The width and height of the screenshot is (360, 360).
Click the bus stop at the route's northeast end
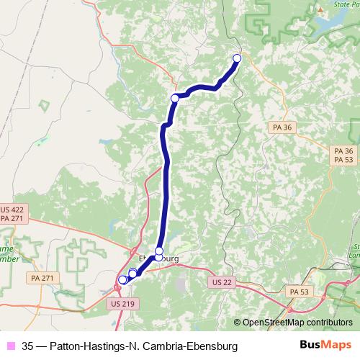pyautogui.click(x=237, y=58)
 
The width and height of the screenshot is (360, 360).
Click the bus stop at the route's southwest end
pyautogui.click(x=122, y=280)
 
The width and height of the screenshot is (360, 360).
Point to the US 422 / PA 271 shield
pyautogui.click(x=12, y=213)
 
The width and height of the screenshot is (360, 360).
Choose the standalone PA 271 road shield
pyautogui.click(x=40, y=276)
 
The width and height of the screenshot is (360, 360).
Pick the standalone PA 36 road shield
pyautogui.click(x=282, y=127)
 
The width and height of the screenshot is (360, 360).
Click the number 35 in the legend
pyautogui.click(x=28, y=346)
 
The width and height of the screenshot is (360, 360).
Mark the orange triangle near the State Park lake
pyautogui.click(x=318, y=11)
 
